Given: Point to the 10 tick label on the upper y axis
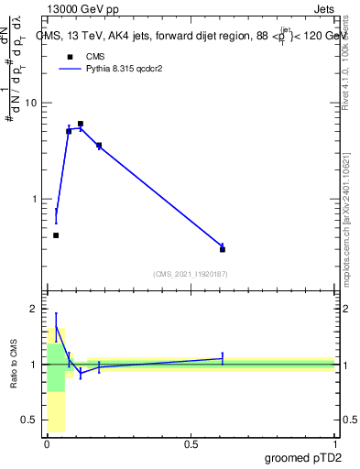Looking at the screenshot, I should click(x=31, y=103).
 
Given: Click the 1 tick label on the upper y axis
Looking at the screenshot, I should click(x=34, y=199).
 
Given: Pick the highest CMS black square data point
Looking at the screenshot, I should click(x=81, y=124).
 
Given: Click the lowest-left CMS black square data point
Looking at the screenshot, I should click(x=56, y=235).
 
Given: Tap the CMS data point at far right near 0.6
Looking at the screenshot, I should click(x=223, y=249).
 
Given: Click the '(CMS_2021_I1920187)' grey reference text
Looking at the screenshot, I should click(x=190, y=273).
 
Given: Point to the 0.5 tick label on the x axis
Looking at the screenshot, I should click(x=191, y=444).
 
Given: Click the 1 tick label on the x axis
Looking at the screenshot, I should click(x=334, y=444).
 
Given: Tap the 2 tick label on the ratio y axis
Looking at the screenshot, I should click(x=34, y=309).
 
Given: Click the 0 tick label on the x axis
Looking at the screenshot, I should click(x=47, y=444).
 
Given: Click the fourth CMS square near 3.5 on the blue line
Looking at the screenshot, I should click(x=99, y=146).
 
